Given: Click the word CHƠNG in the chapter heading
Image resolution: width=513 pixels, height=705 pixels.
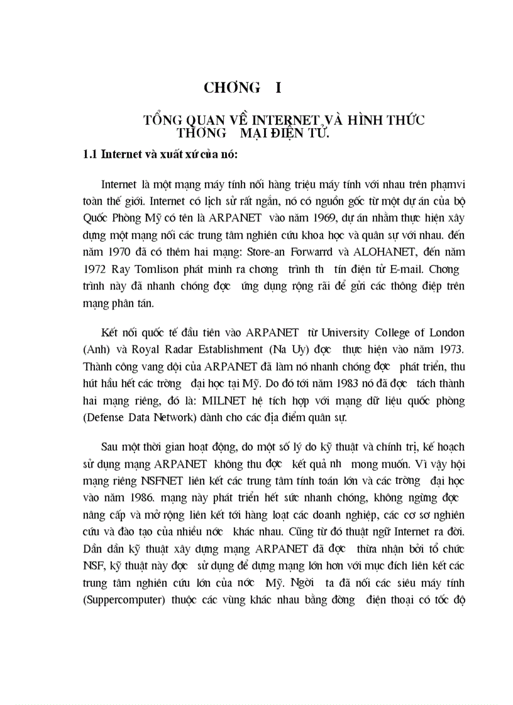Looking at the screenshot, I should pyautogui.click(x=228, y=88).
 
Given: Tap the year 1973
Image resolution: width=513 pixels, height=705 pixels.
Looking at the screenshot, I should pyautogui.click(x=451, y=348).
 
